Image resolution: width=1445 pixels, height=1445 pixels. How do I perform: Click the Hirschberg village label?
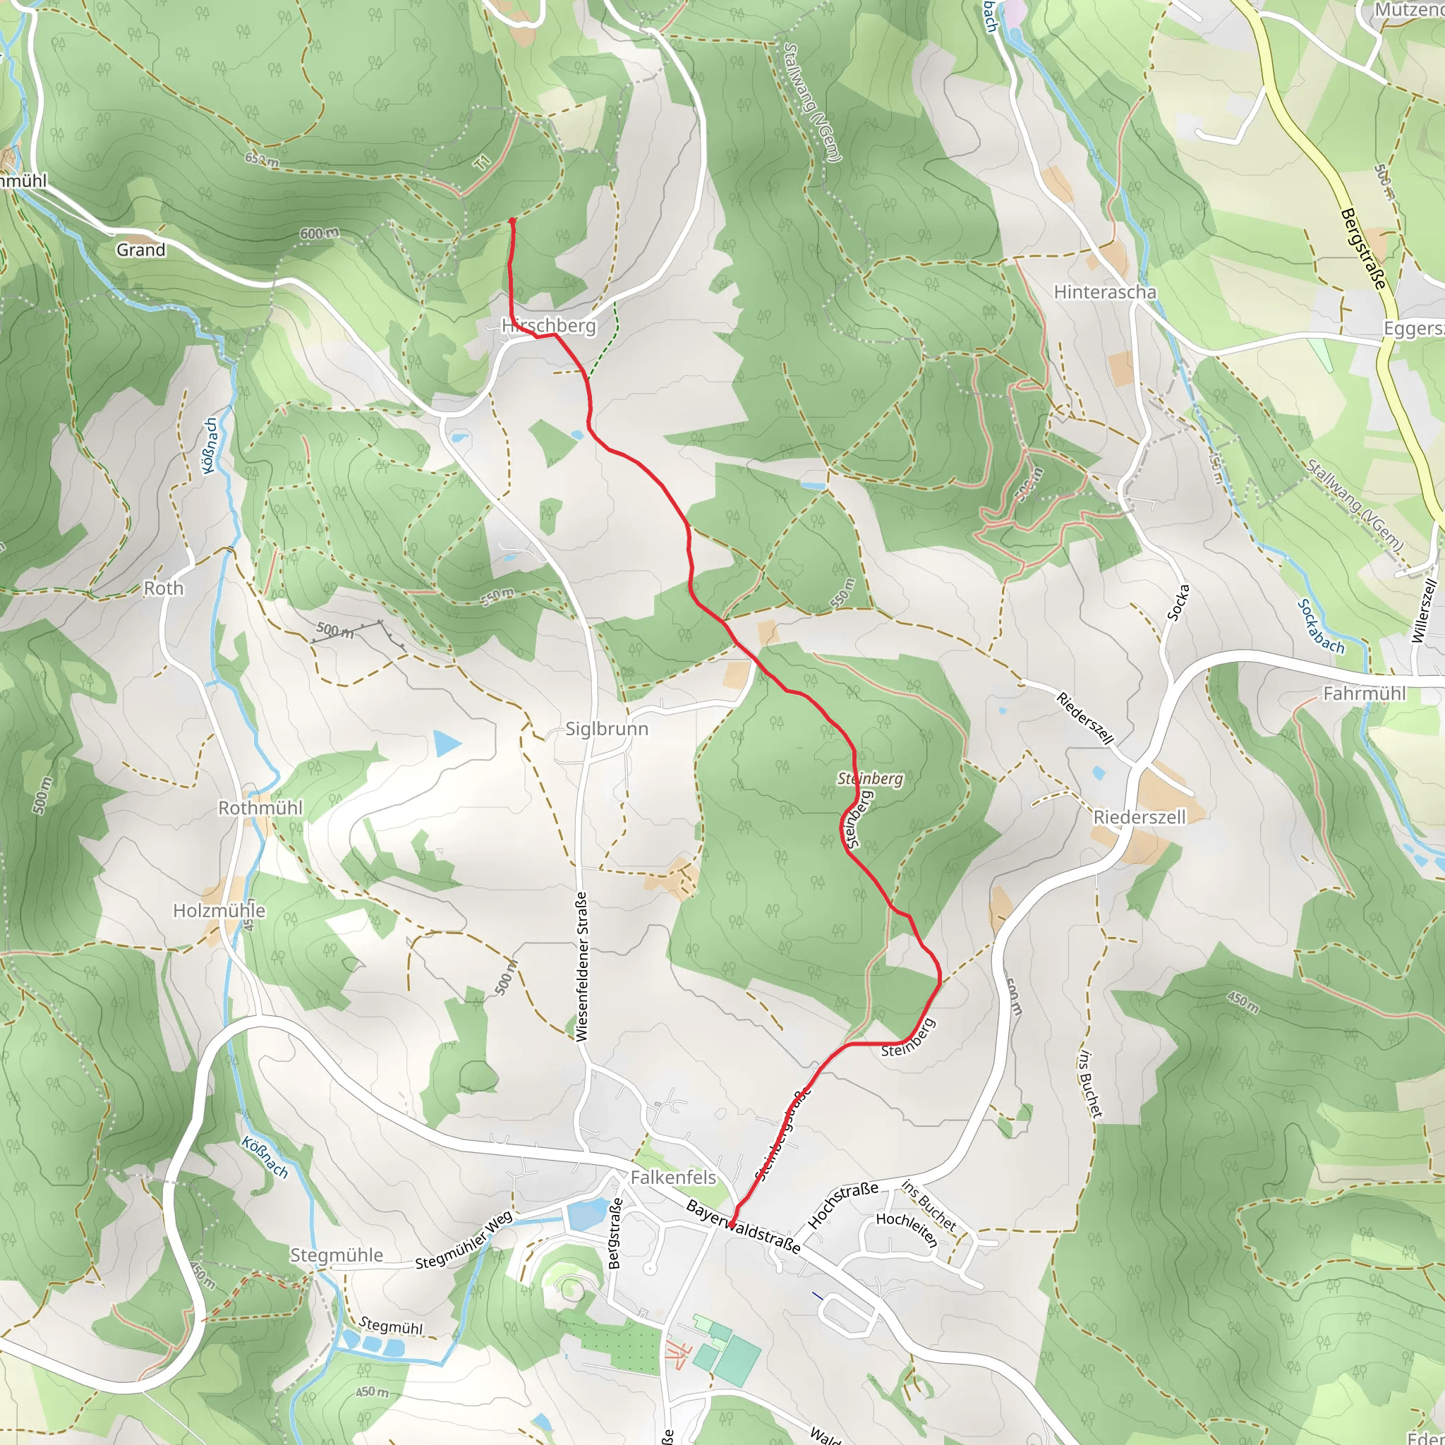(549, 325)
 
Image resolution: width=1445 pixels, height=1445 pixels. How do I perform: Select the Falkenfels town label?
(673, 1178)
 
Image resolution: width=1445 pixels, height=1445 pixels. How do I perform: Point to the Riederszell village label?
(1139, 817)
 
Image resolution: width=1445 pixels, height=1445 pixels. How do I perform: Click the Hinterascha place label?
(1105, 291)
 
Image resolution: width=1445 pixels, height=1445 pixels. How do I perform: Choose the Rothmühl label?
(260, 808)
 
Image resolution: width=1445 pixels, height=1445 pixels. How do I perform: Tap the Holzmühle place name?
(219, 910)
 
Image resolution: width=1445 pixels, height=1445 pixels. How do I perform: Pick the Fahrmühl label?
(1365, 694)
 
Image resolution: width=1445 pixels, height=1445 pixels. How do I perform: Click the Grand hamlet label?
(140, 250)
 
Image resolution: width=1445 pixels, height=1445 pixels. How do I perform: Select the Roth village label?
(164, 588)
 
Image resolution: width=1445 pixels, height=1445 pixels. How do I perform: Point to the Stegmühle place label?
(337, 1255)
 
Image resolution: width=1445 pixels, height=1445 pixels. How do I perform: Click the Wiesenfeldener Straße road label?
(582, 966)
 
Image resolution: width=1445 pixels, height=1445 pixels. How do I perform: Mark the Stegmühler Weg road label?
(464, 1241)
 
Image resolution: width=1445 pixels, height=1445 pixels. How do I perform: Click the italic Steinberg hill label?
(870, 779)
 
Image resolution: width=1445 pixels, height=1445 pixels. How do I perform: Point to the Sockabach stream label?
(1321, 626)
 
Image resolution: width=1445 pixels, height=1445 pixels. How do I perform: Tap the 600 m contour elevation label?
(320, 234)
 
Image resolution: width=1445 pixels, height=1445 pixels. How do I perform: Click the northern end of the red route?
(512, 220)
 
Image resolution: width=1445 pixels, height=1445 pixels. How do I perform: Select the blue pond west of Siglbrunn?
(447, 744)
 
